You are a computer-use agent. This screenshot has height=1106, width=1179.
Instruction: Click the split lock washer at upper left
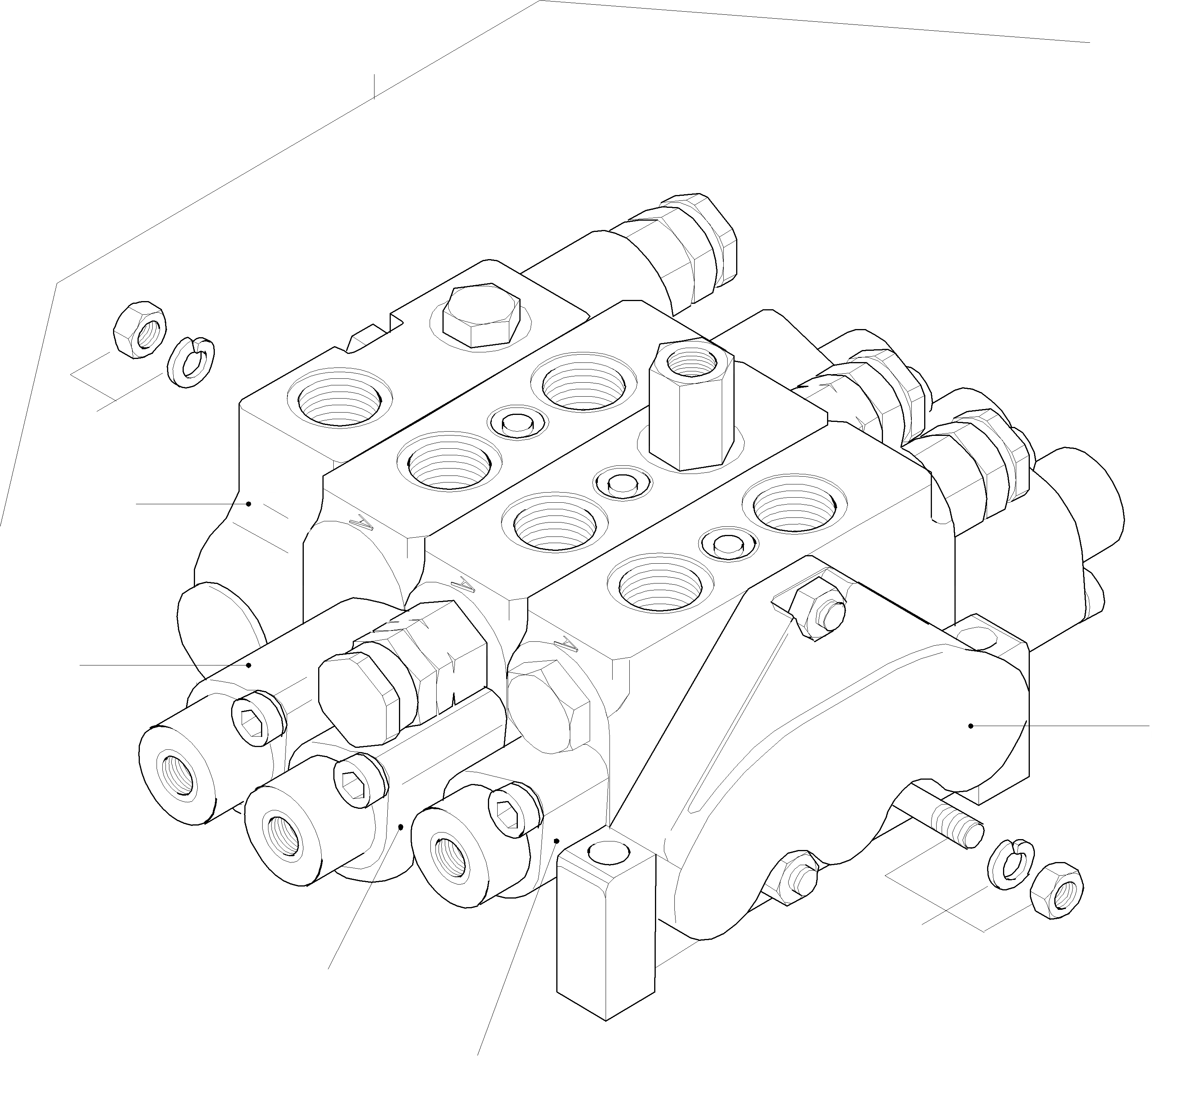click(x=192, y=362)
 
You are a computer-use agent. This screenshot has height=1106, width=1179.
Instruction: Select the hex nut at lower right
click(x=1056, y=891)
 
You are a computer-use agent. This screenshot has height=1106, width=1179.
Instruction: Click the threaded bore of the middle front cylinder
click(x=284, y=834)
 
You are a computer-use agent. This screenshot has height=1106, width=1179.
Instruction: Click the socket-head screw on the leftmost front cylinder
click(x=255, y=718)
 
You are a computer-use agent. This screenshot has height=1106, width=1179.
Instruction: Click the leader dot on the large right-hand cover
click(x=970, y=725)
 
